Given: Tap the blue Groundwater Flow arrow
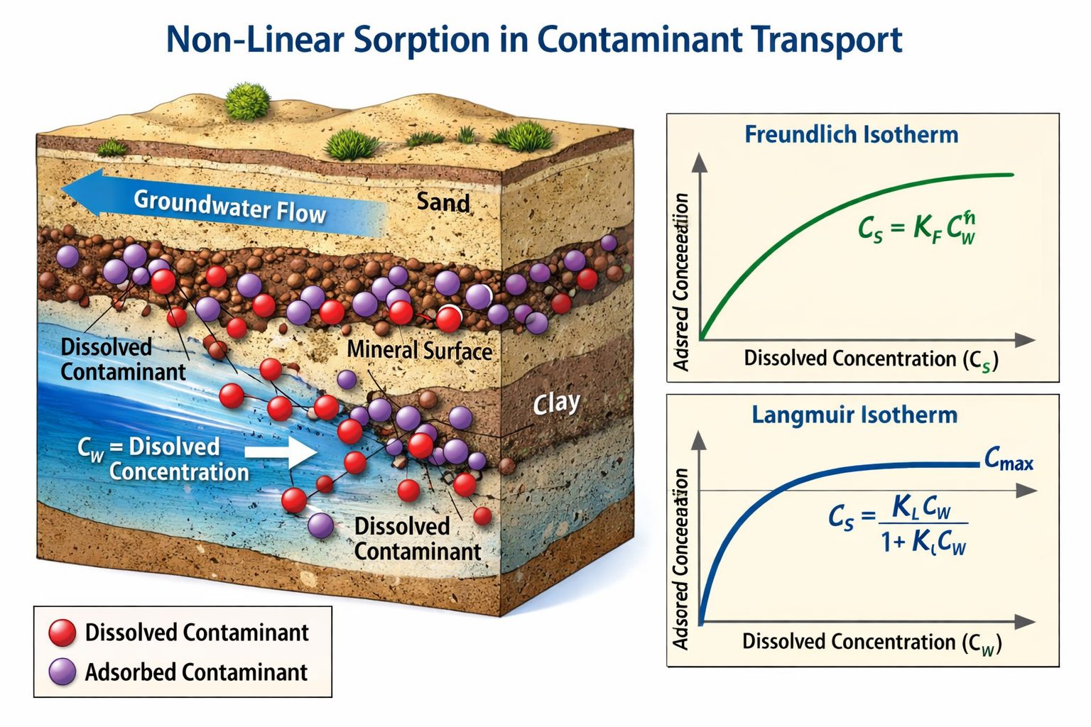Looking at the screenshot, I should (x=213, y=202).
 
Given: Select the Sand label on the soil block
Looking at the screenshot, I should (x=443, y=202).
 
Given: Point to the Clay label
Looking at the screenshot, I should (x=556, y=403).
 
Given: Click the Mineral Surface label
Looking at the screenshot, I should (x=419, y=350).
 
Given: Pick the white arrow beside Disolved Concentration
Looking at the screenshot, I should (x=281, y=453).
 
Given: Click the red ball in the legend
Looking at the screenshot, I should (x=63, y=632).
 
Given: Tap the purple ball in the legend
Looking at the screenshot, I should (x=63, y=671).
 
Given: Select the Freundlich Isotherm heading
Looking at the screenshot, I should (x=851, y=134).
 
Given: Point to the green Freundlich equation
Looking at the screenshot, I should (x=916, y=229).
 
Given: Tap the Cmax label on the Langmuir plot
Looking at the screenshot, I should (x=1008, y=461).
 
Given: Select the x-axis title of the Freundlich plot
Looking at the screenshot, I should (x=870, y=359).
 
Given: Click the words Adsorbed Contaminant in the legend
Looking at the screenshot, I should (x=196, y=672).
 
